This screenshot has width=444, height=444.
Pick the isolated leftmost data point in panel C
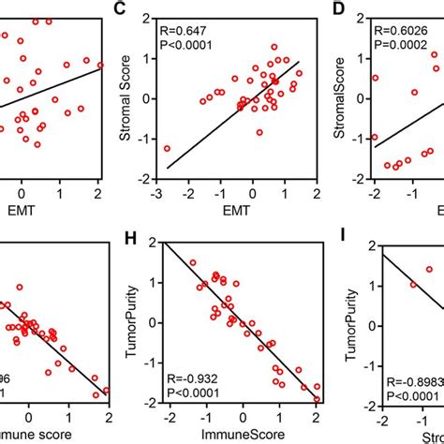[167, 148]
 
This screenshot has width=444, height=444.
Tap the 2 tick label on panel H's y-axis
[150, 243]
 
